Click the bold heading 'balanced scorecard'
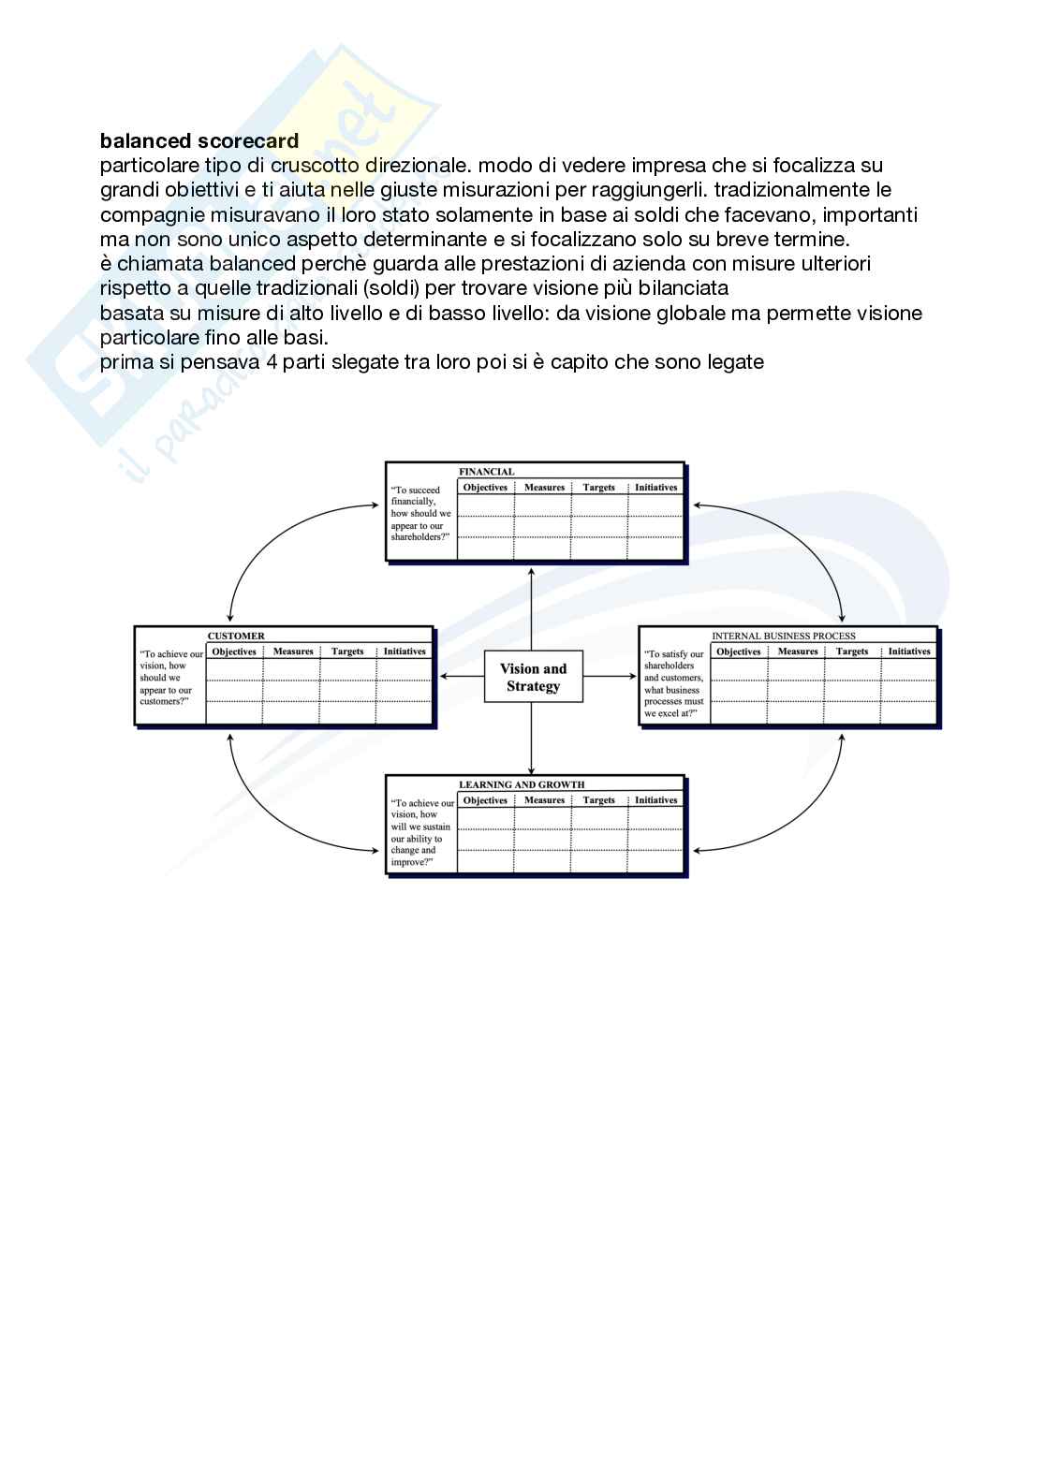(199, 141)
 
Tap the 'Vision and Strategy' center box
(534, 677)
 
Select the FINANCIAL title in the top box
(486, 472)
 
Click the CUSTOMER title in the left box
(236, 636)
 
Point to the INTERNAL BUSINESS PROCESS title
(784, 636)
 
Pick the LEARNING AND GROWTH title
(522, 784)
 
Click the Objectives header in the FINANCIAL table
(485, 488)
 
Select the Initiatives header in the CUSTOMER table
(405, 651)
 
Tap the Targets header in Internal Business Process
(852, 651)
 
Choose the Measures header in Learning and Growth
(544, 800)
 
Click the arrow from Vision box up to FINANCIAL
(532, 608)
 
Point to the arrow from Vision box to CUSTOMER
(462, 676)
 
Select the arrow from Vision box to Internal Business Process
(610, 676)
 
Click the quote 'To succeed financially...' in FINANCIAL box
(420, 514)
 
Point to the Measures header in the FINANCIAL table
(544, 488)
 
